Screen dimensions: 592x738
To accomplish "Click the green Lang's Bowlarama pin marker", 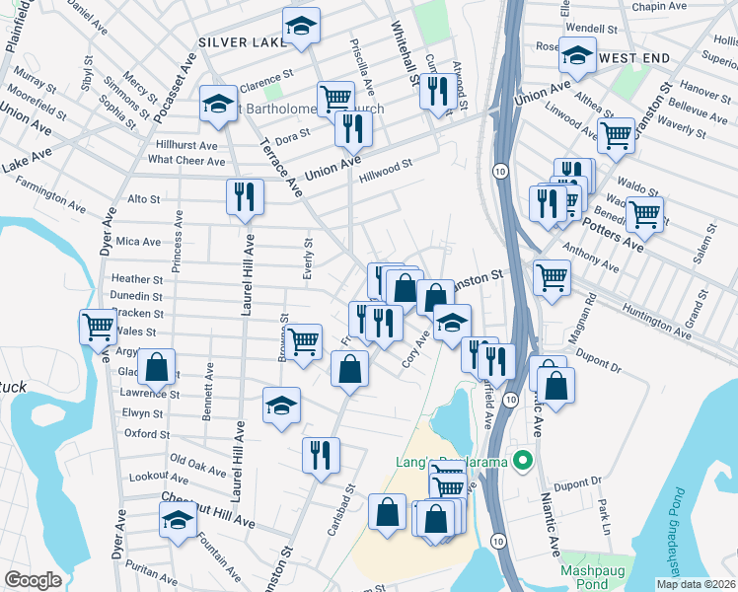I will point(524,461).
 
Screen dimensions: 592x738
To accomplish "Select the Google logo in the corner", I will point(33,580).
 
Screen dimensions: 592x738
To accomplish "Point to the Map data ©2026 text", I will point(696,584).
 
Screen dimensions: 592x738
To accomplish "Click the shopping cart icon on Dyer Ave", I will point(98,326).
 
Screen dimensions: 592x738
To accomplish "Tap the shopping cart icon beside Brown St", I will point(304,341).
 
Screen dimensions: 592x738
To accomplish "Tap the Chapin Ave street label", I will point(659,7).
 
